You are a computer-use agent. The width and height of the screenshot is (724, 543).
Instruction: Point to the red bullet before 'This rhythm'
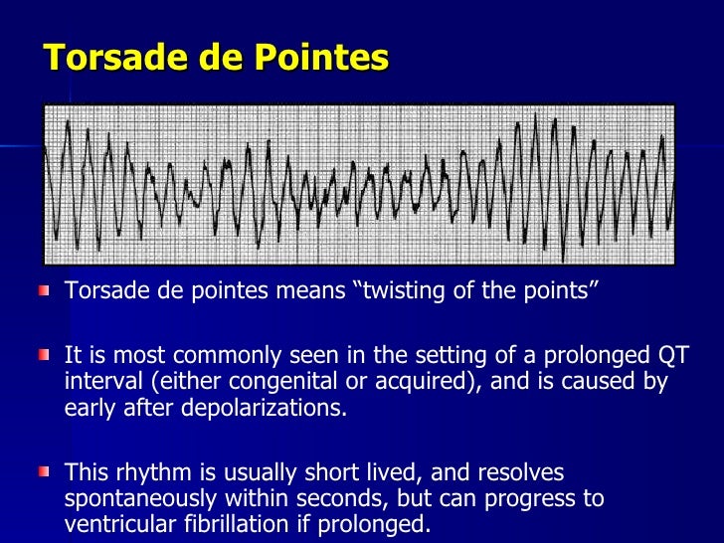(43, 471)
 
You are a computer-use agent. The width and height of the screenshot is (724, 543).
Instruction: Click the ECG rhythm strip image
(358, 184)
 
